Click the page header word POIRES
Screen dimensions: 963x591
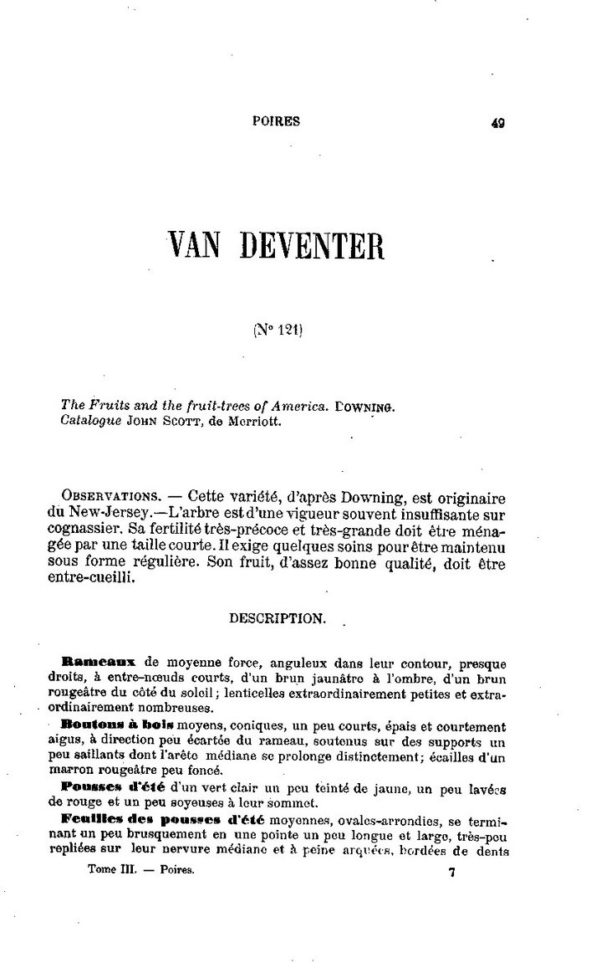[276, 120]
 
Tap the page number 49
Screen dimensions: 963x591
[498, 122]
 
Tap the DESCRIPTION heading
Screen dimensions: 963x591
[276, 619]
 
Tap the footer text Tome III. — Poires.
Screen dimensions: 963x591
[140, 871]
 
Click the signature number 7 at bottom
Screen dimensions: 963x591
[451, 873]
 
